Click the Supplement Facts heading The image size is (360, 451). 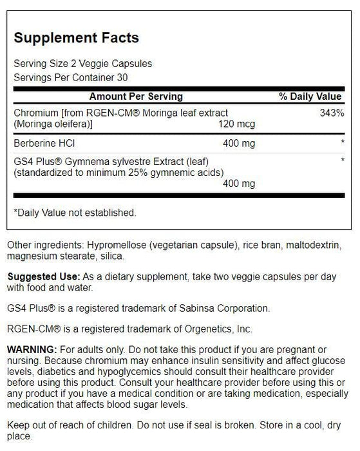[x=76, y=38]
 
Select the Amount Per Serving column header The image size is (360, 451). [x=135, y=97]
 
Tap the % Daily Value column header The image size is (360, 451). [x=310, y=97]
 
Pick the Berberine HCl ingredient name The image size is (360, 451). [x=42, y=141]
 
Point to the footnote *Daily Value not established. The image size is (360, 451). [x=75, y=211]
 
